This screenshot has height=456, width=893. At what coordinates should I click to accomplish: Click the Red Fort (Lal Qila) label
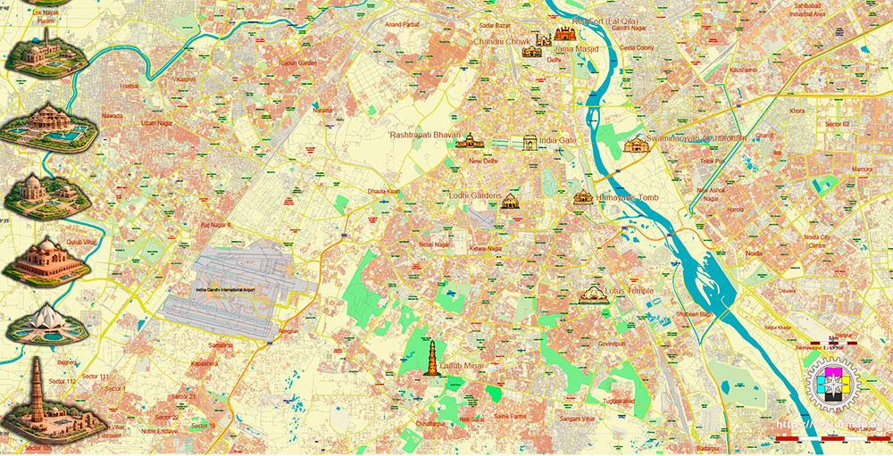(x=606, y=21)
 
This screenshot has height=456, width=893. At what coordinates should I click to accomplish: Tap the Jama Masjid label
(x=576, y=49)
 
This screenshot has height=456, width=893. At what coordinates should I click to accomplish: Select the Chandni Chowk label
(x=502, y=41)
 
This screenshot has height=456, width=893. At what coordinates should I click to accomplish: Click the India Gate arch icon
(x=530, y=143)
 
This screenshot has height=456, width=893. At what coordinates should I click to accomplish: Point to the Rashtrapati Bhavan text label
(x=424, y=135)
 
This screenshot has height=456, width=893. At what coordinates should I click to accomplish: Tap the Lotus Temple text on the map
(x=629, y=291)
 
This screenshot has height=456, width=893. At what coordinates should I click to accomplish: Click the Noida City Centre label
(x=817, y=240)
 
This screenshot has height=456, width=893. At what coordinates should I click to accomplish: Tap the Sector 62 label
(x=837, y=124)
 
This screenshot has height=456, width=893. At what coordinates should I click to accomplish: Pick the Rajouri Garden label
(x=298, y=63)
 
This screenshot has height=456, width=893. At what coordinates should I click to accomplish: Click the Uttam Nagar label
(x=155, y=122)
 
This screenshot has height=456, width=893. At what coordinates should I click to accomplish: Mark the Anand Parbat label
(x=401, y=24)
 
